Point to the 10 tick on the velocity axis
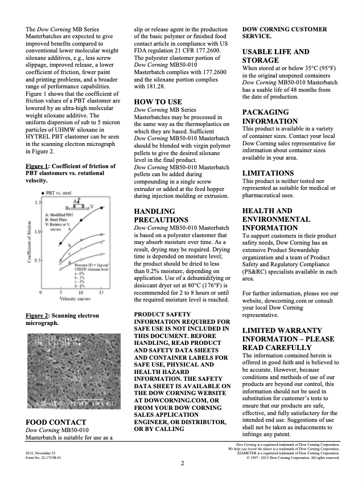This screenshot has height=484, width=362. pos(80,293)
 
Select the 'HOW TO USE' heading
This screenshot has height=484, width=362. pos(158,101)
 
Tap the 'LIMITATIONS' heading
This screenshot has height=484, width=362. pos(268,173)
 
